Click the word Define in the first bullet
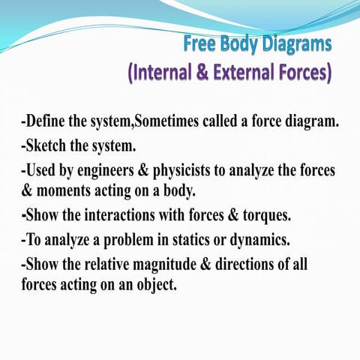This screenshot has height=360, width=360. (x=46, y=122)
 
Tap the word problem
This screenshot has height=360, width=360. (x=131, y=241)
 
